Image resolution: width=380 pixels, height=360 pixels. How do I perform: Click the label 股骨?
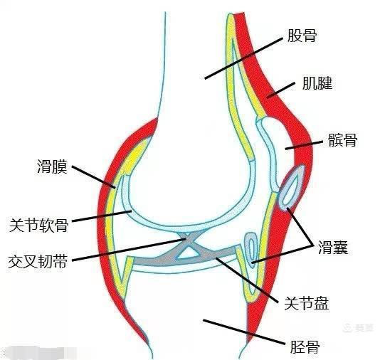coord(302,36)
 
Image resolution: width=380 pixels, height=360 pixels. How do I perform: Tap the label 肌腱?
coord(317,83)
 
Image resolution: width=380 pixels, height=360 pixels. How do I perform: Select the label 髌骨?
coord(342,139)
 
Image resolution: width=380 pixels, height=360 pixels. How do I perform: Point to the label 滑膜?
coord(52,166)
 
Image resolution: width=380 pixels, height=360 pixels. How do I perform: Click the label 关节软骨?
coord(38,225)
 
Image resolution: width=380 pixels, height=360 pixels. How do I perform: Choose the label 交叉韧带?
coord(38,261)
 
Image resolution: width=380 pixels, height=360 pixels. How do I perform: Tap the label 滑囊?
coord(333,247)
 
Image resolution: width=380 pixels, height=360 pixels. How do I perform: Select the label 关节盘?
coord(306,303)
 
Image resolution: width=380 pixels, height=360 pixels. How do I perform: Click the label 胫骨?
coord(305,346)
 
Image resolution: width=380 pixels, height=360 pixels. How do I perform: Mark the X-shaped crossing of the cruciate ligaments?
coord(187,239)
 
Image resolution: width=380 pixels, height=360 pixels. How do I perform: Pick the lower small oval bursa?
coord(251,250)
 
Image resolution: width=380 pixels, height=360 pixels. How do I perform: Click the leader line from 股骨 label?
coord(243,58)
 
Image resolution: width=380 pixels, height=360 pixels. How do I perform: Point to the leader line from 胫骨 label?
coord(243,332)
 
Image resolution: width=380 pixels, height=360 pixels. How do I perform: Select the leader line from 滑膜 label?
coord(93,177)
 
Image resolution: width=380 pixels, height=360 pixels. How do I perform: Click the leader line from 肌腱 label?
coord(280,90)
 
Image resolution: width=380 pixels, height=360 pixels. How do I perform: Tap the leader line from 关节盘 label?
coord(247,280)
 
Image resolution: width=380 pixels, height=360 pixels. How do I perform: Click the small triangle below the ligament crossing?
coord(189,253)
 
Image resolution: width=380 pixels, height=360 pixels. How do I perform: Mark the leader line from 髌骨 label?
coord(304,145)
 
